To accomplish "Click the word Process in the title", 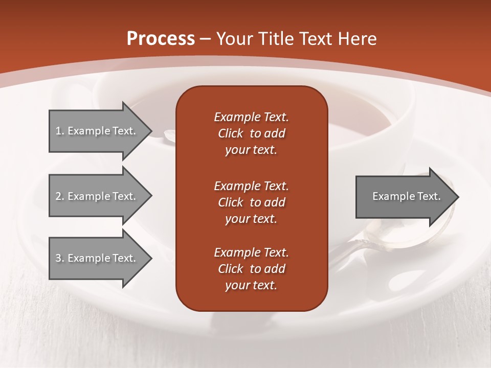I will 161,39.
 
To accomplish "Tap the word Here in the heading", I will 356,39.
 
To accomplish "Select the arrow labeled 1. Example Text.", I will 97,131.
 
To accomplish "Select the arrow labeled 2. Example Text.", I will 97,196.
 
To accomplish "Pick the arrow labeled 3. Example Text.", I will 97,258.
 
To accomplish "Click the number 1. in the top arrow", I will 60,131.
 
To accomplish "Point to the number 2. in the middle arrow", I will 60,196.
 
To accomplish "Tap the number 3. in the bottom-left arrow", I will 60,258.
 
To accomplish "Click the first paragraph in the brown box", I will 251,133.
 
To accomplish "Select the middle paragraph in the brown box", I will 251,202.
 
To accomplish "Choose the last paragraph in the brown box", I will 251,269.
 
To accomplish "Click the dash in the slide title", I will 206,39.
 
